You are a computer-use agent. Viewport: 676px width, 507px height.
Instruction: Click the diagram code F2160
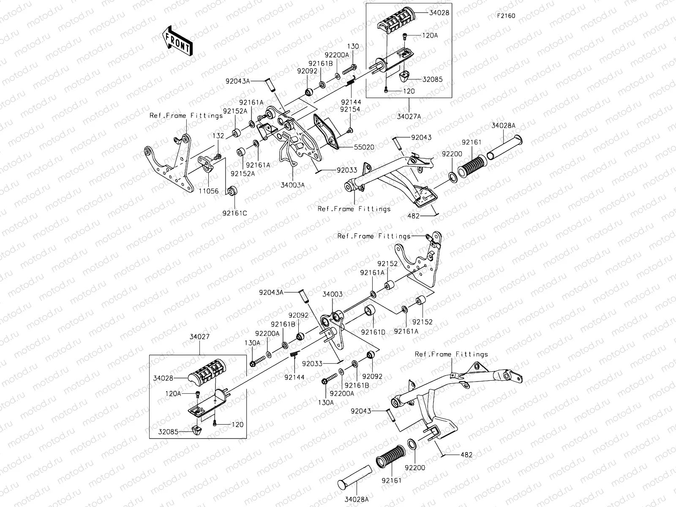pos(506,16)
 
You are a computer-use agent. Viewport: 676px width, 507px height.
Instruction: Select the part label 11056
pos(210,191)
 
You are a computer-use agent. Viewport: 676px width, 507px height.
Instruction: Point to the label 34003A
pos(292,184)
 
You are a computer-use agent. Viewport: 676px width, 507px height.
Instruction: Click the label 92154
pos(350,109)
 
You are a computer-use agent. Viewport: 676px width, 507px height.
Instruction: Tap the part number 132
pos(218,136)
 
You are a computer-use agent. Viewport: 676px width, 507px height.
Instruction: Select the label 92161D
pos(373,332)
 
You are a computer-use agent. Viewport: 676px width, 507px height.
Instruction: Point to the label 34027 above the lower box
pos(199,337)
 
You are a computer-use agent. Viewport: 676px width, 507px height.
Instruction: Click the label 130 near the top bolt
pos(353,46)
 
